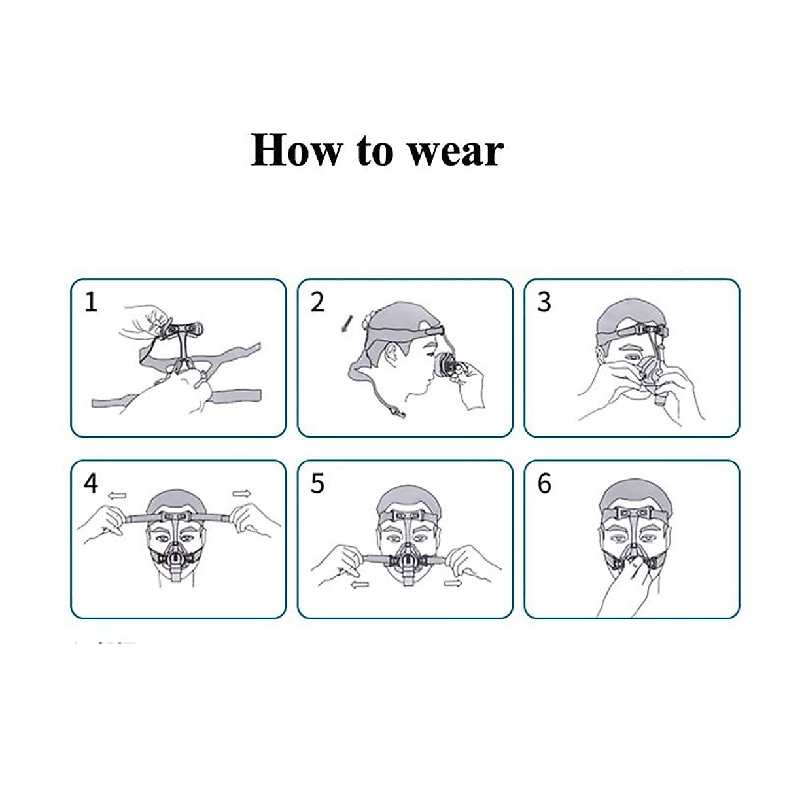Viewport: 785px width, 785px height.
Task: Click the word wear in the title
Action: (x=455, y=152)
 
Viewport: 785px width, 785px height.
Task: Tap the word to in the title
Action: (x=374, y=150)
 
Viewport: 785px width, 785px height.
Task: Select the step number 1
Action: (x=91, y=302)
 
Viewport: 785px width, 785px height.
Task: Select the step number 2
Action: (x=317, y=302)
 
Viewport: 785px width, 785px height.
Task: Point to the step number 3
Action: (x=544, y=302)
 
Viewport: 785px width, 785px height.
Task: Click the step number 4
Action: (x=91, y=483)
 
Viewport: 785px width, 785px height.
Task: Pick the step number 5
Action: (x=317, y=483)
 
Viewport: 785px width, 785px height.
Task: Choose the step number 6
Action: (x=544, y=483)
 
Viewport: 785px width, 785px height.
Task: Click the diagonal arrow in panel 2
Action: (x=346, y=323)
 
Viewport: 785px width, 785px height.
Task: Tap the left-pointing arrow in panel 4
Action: (x=118, y=496)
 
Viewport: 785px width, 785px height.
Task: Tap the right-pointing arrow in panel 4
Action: (x=241, y=493)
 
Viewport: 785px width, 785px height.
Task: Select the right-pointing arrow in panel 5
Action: (x=453, y=582)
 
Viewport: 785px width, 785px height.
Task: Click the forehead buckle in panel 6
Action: (x=631, y=510)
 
